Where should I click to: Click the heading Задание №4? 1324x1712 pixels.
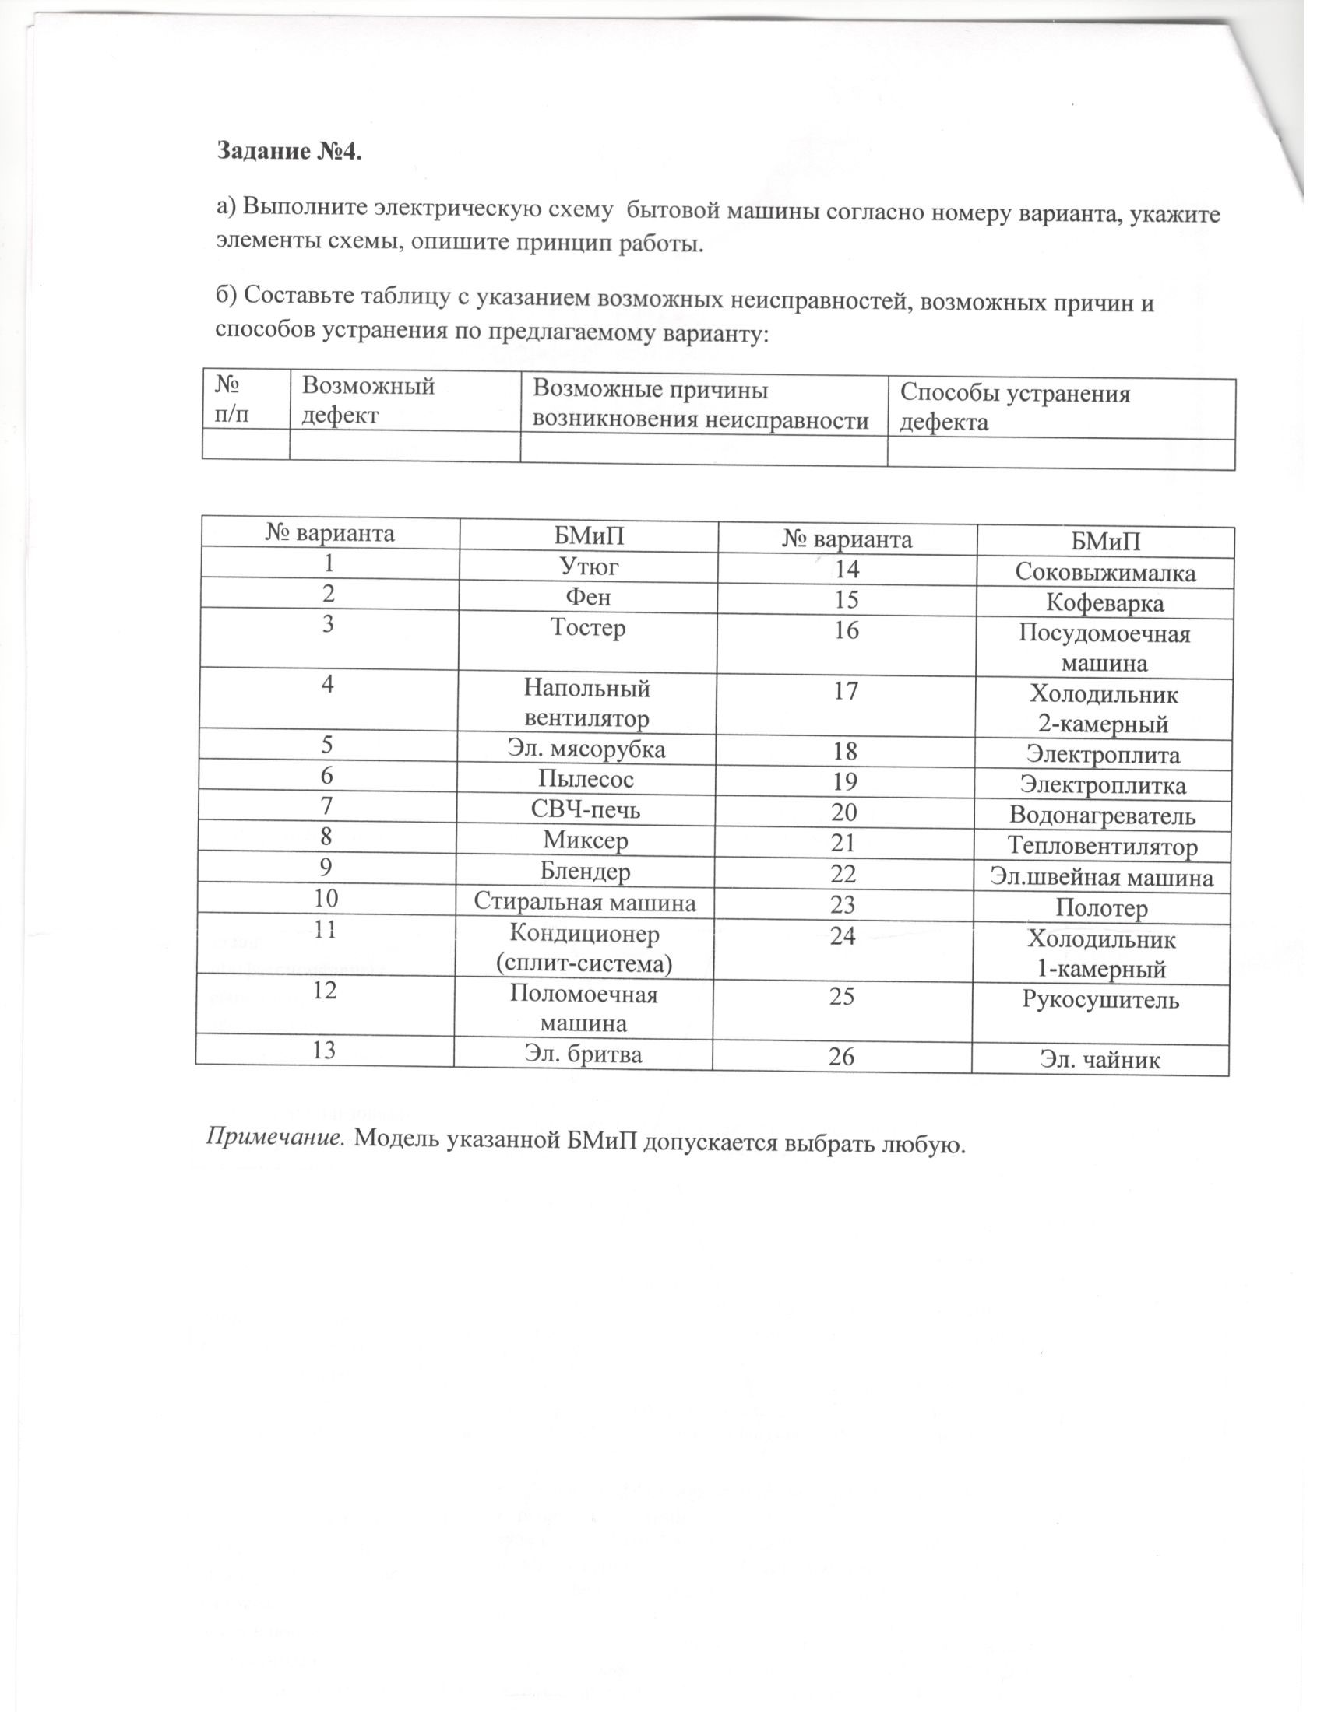(291, 152)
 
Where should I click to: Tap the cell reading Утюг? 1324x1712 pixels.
(587, 565)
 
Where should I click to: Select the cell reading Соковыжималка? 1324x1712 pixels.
(1105, 573)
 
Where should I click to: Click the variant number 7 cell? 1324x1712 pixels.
(327, 806)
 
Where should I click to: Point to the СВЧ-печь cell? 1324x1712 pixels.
(585, 809)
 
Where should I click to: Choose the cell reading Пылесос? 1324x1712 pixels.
(586, 778)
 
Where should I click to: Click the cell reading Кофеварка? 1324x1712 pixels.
(1105, 604)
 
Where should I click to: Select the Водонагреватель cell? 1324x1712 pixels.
(1102, 816)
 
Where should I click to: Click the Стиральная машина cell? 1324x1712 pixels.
(584, 902)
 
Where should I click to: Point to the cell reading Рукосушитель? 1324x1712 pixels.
(1100, 1000)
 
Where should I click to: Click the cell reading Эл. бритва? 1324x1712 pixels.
(583, 1054)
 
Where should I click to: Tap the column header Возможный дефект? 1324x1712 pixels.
(368, 400)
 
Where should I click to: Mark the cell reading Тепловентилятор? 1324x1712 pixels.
(1102, 847)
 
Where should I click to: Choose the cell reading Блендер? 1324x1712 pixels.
(585, 871)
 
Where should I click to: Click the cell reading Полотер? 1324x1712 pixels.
(1101, 908)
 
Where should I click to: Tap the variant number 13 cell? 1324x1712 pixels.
(324, 1050)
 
